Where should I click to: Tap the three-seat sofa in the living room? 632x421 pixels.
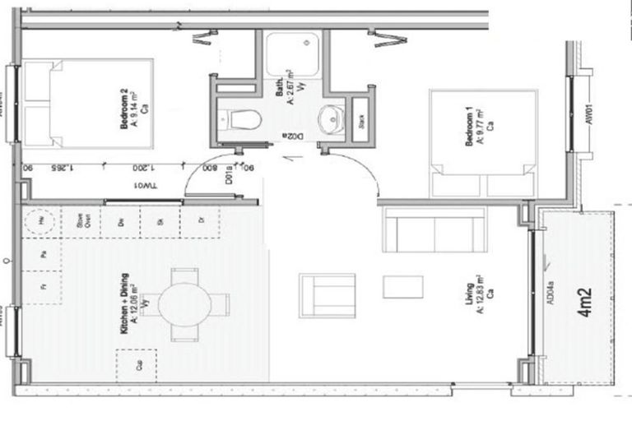click(x=434, y=229)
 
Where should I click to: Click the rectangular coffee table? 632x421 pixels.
click(x=403, y=287)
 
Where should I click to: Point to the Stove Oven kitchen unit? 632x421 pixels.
click(x=81, y=220)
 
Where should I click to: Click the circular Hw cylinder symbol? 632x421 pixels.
click(x=39, y=221)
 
